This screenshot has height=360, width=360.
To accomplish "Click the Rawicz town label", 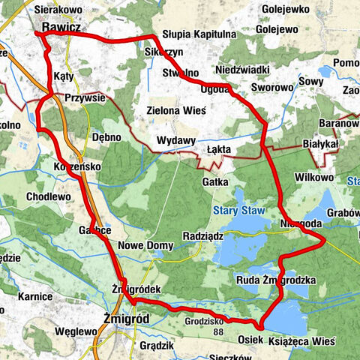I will [x=61, y=26].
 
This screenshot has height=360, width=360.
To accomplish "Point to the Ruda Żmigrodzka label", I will [x=277, y=280].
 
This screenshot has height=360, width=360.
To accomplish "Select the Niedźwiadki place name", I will [x=241, y=70].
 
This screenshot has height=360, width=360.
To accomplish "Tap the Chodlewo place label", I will [x=48, y=196].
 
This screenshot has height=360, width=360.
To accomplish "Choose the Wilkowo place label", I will [x=314, y=178].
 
